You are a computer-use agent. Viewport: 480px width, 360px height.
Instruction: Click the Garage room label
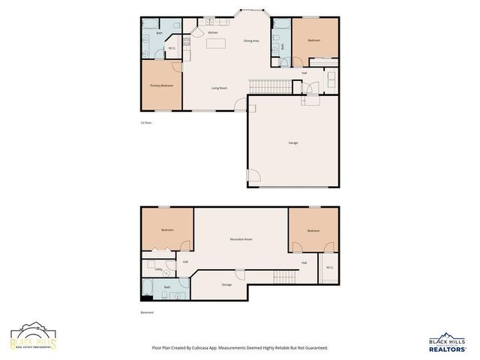[292, 142]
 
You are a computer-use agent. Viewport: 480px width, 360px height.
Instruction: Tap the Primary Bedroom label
[161, 85]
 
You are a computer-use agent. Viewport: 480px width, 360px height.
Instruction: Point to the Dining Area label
[251, 40]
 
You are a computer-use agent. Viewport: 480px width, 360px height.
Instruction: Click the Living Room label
[219, 88]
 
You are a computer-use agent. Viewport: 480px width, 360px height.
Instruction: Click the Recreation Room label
[241, 239]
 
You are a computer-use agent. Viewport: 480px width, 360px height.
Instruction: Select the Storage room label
[226, 285]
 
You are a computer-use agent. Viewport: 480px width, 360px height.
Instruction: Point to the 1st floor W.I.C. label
[172, 49]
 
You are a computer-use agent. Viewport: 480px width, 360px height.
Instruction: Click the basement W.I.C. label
[329, 268]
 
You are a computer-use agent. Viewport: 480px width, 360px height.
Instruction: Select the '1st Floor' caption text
[146, 122]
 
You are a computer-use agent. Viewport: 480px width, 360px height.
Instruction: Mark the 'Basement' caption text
[147, 312]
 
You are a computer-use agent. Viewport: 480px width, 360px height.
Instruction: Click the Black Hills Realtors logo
[447, 343]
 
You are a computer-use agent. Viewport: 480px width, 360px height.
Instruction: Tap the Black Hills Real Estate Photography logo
[33, 339]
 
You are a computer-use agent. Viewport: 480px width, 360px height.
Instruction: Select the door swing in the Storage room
[240, 274]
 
